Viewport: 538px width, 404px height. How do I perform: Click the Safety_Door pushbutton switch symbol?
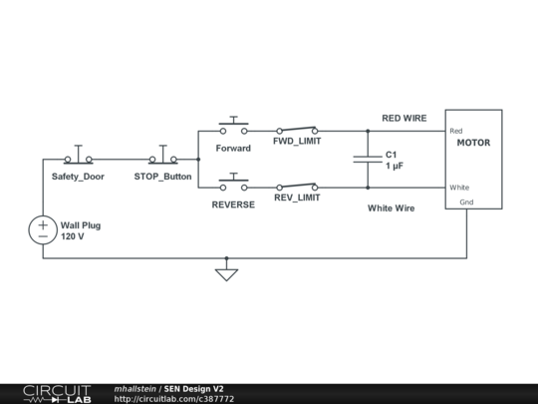[x=78, y=158]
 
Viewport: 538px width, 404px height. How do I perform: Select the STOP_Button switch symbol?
[x=162, y=158]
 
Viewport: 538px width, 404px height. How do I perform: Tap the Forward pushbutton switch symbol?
[x=234, y=128]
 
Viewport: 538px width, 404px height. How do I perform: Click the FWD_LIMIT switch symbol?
[x=297, y=130]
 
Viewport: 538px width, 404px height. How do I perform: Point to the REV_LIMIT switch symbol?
[x=297, y=187]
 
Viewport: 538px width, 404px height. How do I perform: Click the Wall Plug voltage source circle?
[x=43, y=230]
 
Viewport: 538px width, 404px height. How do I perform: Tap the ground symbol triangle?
[x=227, y=273]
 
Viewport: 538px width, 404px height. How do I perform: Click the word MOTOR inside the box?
[x=473, y=144]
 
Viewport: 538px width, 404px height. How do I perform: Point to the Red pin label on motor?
[x=456, y=131]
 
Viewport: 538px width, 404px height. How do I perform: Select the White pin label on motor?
[x=459, y=188]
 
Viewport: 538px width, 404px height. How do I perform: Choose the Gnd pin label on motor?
[x=466, y=202]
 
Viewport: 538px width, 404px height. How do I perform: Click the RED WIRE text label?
[x=404, y=118]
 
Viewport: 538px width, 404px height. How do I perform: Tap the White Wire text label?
[x=391, y=208]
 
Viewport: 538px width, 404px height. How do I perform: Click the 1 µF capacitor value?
[x=395, y=166]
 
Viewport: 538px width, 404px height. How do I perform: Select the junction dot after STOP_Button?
[x=198, y=159]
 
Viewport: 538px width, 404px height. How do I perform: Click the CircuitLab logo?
[x=57, y=393]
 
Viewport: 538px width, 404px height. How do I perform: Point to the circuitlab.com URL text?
[x=174, y=399]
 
